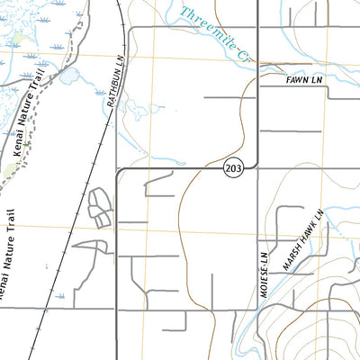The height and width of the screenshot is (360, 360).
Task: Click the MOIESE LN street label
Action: tap(264, 266)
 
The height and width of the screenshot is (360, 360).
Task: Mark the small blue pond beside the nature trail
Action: tap(68, 77)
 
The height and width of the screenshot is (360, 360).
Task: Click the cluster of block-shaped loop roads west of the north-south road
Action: tap(99, 207)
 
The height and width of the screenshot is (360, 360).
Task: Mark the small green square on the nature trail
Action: tap(27, 145)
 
